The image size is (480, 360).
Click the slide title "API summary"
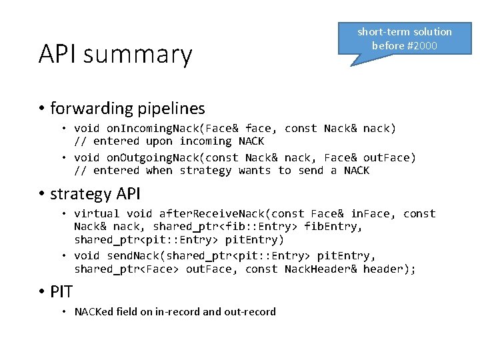pos(115,55)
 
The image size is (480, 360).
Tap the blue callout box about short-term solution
pos(404,39)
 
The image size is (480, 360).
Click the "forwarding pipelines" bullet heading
pos(127,107)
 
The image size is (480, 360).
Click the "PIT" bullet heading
pos(61,291)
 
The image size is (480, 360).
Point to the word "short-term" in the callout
pos(383,31)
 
